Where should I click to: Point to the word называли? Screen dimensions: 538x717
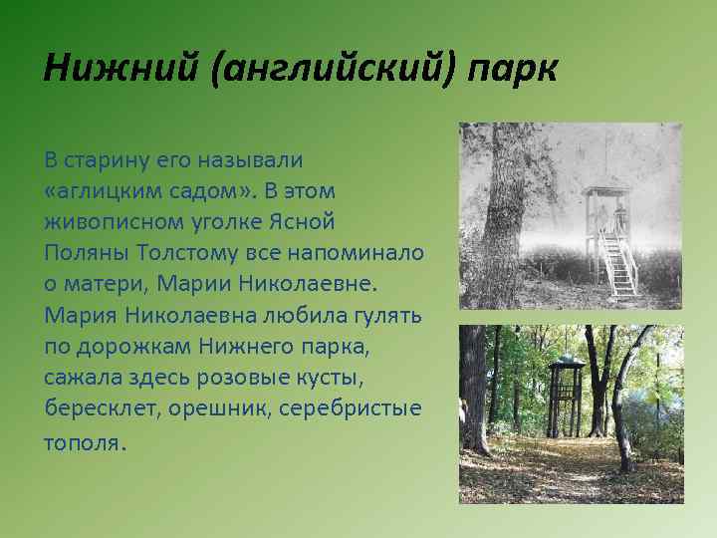tap(254, 159)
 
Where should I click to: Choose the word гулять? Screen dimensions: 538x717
tap(387, 315)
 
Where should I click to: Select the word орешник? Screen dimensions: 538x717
tap(219, 408)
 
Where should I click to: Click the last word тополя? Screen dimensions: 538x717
tap(82, 441)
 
